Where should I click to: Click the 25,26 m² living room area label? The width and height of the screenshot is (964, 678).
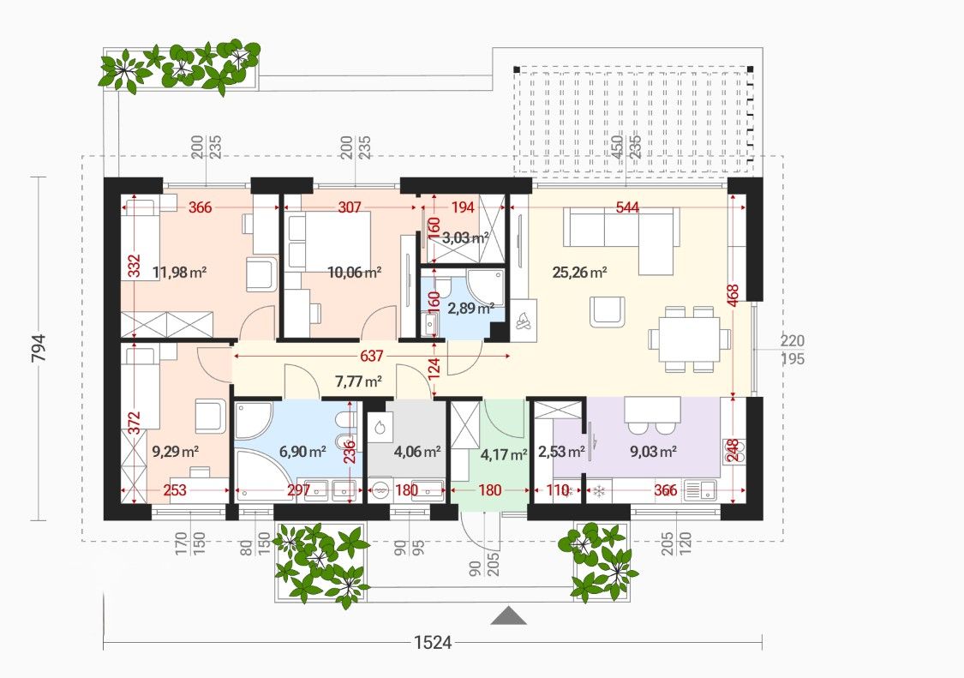click(580, 272)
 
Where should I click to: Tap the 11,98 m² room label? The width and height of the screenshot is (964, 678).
click(180, 272)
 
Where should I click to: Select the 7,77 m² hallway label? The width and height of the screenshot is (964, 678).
click(358, 381)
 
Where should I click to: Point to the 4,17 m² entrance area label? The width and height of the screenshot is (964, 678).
click(504, 454)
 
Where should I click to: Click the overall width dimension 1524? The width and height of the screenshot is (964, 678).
click(433, 643)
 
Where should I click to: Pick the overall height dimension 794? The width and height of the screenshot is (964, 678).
click(38, 349)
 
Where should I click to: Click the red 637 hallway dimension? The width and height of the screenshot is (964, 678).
click(372, 356)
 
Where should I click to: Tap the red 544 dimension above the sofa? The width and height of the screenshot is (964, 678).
click(627, 207)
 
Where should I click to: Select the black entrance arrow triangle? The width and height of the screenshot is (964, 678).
click(508, 615)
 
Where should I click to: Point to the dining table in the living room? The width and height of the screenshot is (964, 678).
click(689, 339)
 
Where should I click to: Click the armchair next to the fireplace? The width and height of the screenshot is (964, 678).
click(607, 311)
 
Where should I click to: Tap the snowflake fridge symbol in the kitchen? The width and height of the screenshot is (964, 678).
click(597, 491)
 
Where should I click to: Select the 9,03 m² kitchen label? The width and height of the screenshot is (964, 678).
click(653, 452)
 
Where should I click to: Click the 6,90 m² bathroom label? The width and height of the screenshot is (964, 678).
click(302, 452)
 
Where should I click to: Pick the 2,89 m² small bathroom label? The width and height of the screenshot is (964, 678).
click(471, 309)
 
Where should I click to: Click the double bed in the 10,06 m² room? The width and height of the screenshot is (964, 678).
click(328, 240)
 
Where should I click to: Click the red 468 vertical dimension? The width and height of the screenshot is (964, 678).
click(733, 297)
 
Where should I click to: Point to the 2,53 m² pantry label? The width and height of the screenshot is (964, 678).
click(561, 452)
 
